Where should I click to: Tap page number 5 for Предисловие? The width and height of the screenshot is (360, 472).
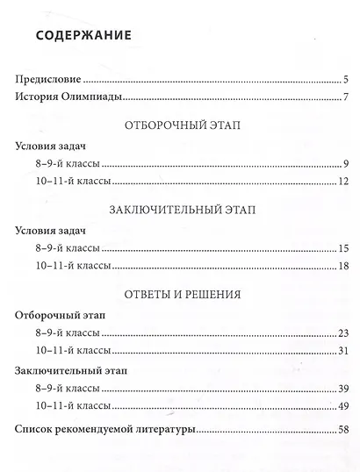coord(347,79)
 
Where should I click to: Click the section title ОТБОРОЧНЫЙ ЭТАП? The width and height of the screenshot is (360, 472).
coord(184,125)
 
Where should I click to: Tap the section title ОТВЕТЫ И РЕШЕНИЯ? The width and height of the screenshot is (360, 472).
coord(184,293)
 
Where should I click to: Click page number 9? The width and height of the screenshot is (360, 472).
coord(347,164)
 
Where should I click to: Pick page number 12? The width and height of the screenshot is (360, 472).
coord(344,182)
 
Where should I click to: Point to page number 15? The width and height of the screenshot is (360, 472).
coord(344,248)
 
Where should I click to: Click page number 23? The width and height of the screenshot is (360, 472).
coord(343,333)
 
